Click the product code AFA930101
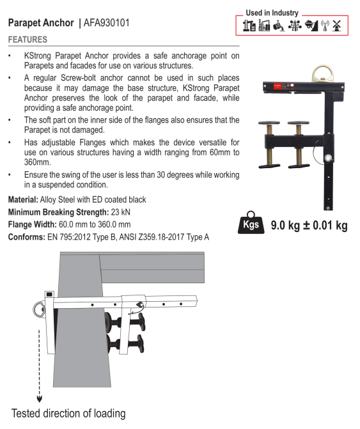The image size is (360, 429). tap(106, 23)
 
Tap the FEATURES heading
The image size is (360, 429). tap(27, 40)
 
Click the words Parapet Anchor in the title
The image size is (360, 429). tap(41, 23)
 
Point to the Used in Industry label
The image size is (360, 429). tap(272, 13)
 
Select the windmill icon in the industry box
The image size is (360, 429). tap(337, 26)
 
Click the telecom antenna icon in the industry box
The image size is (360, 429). tap(325, 26)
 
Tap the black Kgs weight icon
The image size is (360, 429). tap(251, 222)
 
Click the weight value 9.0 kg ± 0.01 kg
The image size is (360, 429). tap(309, 226)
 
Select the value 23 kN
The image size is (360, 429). tap(121, 212)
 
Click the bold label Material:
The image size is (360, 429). tap(23, 199)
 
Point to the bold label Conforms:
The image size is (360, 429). tap(26, 237)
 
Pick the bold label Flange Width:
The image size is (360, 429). tap(32, 224)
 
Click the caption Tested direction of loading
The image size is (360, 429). tap(68, 414)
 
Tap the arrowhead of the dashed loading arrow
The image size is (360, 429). tap(40, 399)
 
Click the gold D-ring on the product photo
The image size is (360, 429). tap(324, 74)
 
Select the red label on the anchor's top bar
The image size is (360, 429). tap(278, 86)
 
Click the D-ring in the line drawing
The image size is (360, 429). tap(38, 310)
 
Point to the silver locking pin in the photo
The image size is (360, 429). tap(328, 158)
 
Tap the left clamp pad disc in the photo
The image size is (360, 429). tap(269, 123)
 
